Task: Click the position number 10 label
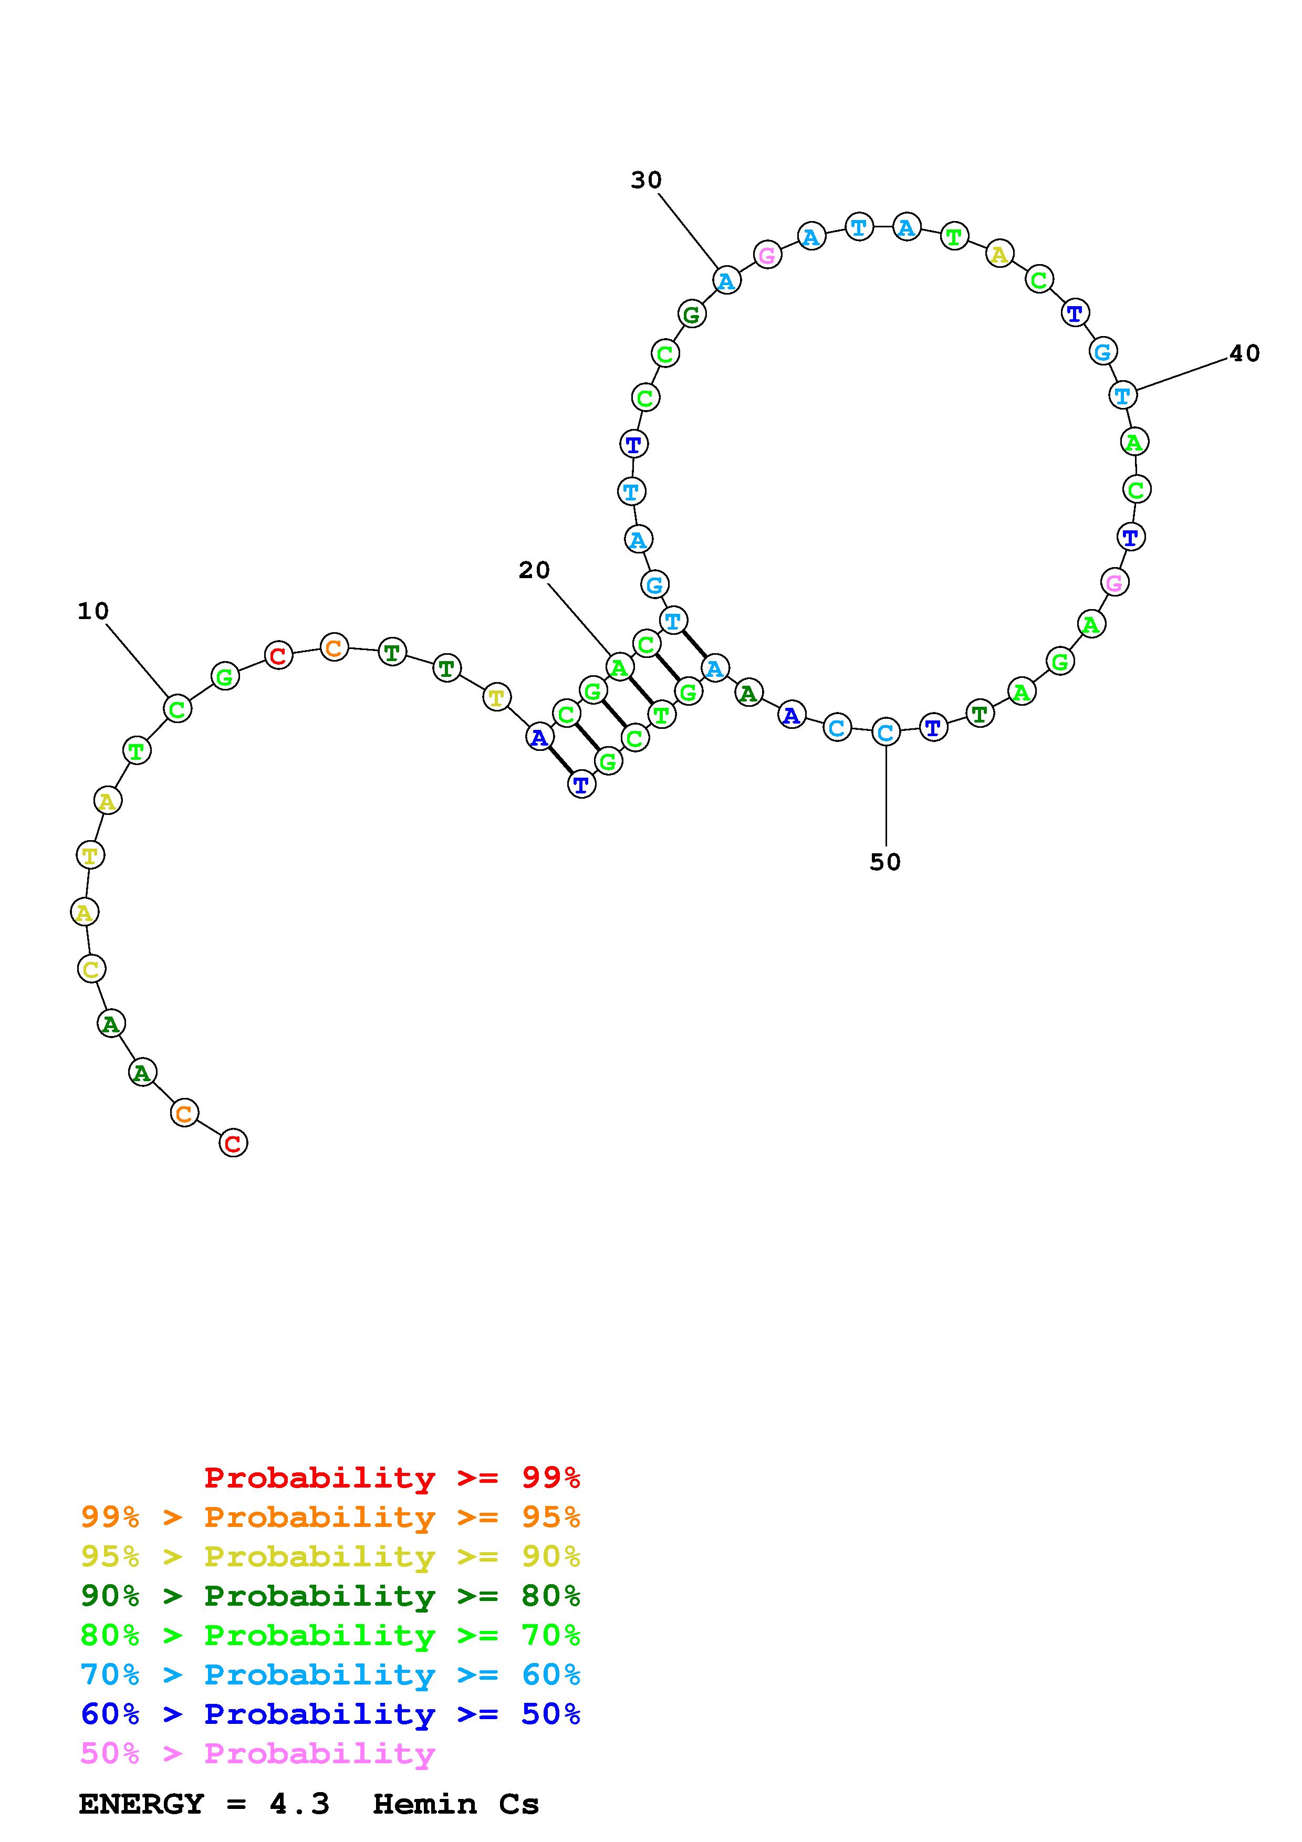pos(93,611)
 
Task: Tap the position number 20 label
pos(534,570)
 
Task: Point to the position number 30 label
pos(646,181)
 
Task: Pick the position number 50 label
pos(886,862)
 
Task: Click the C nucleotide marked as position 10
pos(178,709)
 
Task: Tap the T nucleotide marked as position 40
pos(1123,395)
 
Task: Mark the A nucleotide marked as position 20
pos(619,667)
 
